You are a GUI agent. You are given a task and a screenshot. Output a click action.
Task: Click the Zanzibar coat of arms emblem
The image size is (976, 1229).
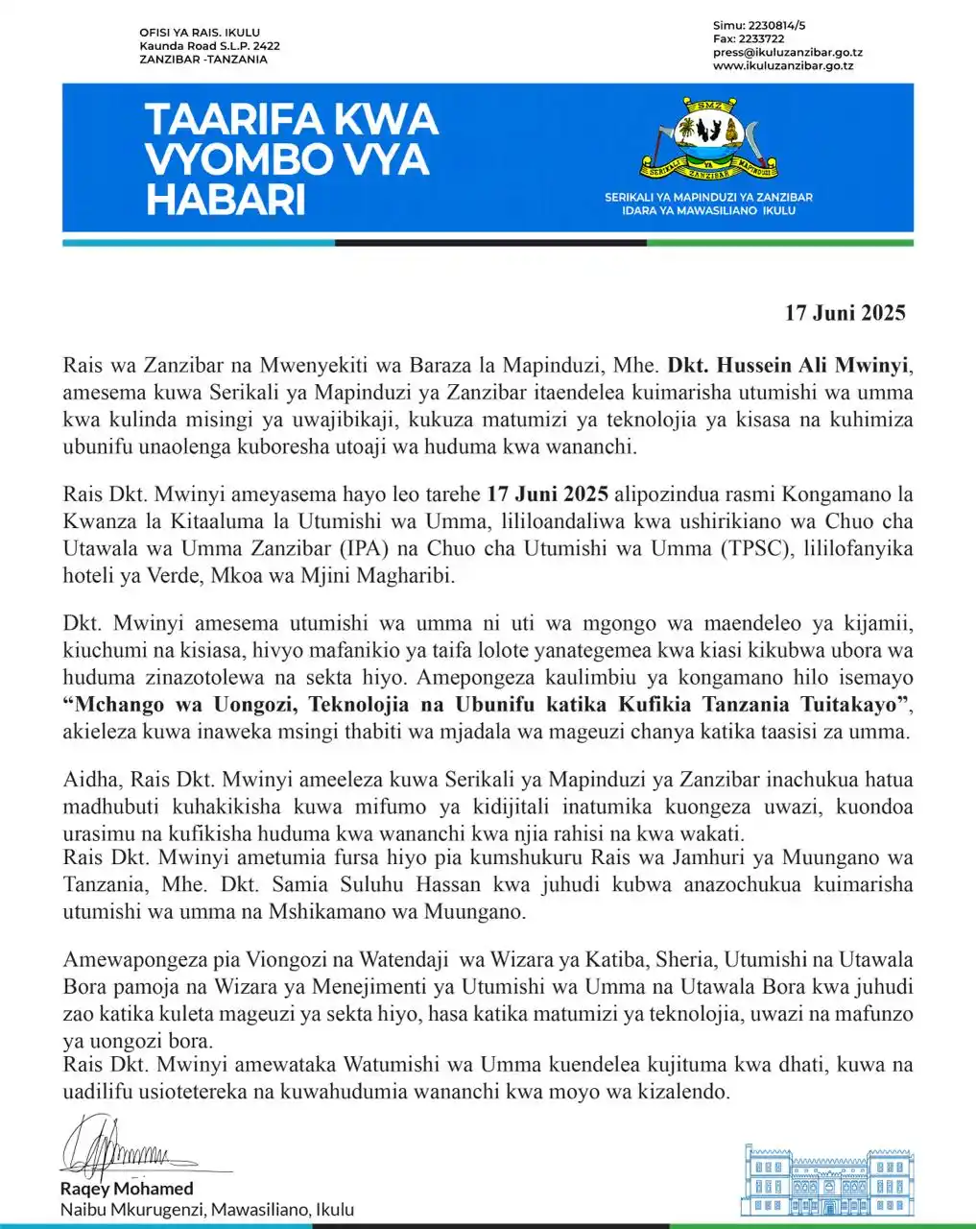pyautogui.click(x=708, y=138)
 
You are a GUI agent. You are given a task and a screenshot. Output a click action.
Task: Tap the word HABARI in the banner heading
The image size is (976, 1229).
pyautogui.click(x=226, y=200)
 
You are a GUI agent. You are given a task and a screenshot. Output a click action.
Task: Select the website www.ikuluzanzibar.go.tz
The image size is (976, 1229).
pyautogui.click(x=783, y=66)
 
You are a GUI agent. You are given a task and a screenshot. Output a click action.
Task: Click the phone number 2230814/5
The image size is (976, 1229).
pyautogui.click(x=764, y=26)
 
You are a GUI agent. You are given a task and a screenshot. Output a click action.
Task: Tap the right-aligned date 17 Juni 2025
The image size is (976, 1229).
pyautogui.click(x=845, y=313)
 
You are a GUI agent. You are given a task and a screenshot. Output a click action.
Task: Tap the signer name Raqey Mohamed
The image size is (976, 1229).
pyautogui.click(x=127, y=1190)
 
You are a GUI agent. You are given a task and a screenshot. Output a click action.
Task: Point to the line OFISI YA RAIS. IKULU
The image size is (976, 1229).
pyautogui.click(x=200, y=33)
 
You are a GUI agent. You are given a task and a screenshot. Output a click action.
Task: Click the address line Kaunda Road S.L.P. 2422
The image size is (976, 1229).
pyautogui.click(x=209, y=46)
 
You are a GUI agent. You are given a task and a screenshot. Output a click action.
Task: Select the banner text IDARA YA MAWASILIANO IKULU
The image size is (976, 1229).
pyautogui.click(x=708, y=210)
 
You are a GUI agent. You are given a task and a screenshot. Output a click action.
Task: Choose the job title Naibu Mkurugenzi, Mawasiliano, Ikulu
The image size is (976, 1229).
pyautogui.click(x=206, y=1210)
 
